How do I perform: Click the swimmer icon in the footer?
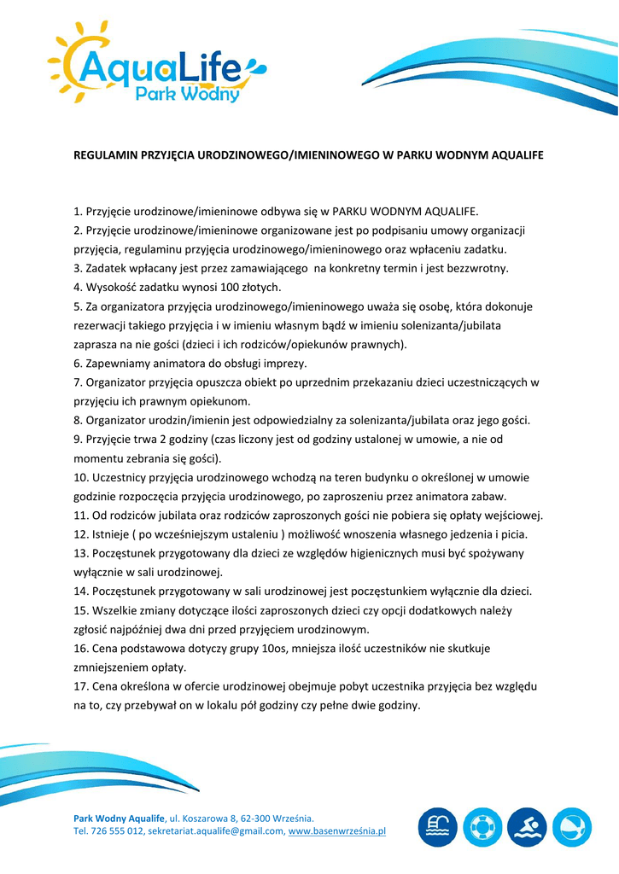[x=527, y=828]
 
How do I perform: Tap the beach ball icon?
[x=572, y=828]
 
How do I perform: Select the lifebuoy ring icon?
[x=482, y=828]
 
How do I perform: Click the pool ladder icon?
[x=438, y=828]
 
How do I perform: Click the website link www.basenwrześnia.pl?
[x=337, y=830]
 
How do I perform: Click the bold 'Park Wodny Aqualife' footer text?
[x=119, y=818]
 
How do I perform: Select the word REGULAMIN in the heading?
[x=102, y=156]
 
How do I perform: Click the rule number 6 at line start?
[x=77, y=363]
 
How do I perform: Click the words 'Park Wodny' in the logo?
[x=188, y=93]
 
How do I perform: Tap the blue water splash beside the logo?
[x=254, y=66]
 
